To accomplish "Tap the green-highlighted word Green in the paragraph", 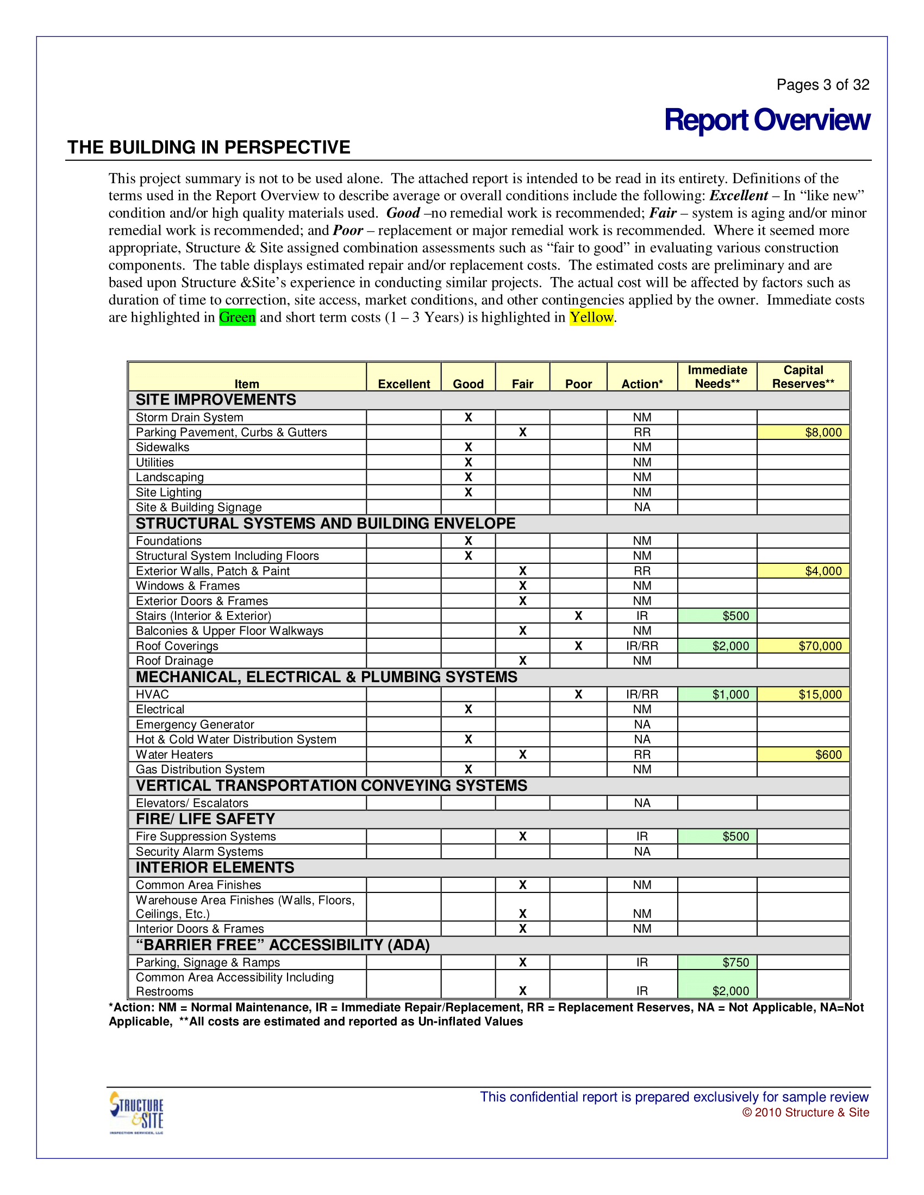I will (237, 317).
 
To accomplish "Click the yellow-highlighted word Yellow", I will (591, 317).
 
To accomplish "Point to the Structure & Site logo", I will (137, 1112).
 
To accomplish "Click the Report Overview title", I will (766, 120).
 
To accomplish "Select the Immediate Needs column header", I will (717, 377).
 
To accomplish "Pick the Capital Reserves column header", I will (803, 377).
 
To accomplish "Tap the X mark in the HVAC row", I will (578, 694).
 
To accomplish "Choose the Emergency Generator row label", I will (195, 725).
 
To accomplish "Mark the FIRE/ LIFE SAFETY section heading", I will (205, 819).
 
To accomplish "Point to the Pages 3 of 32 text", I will (823, 85).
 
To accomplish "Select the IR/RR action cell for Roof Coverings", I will (642, 646).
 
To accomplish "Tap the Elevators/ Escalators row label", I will (192, 803).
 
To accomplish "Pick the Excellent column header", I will (404, 384).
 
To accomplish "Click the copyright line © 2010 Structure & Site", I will (805, 1112).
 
